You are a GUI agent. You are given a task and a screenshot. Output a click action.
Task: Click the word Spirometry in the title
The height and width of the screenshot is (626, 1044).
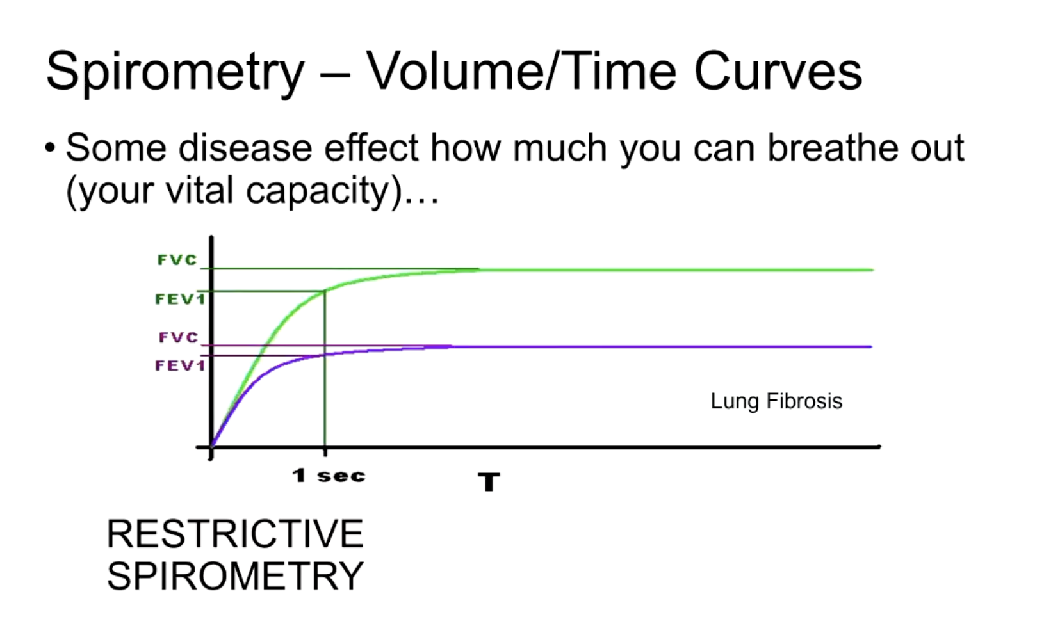175,72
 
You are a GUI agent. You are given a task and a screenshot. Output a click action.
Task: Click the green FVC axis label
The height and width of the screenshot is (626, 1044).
177,260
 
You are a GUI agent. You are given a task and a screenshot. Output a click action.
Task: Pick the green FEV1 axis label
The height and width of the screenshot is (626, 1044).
180,299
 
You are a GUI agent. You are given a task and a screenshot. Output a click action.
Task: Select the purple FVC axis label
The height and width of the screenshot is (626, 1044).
179,337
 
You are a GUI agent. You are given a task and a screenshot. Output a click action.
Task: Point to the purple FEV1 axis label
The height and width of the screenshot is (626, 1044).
180,365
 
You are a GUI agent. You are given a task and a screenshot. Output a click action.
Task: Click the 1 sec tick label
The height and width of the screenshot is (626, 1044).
329,476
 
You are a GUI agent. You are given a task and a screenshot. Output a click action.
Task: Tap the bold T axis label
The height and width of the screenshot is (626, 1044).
489,482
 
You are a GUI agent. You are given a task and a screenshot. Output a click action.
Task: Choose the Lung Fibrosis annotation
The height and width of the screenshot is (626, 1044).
776,401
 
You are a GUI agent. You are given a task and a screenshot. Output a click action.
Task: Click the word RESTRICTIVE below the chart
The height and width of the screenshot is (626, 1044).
234,534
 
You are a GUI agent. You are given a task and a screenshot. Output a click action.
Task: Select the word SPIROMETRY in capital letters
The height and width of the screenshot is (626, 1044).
234,575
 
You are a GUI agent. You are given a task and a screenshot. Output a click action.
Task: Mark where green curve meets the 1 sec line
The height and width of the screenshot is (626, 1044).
325,291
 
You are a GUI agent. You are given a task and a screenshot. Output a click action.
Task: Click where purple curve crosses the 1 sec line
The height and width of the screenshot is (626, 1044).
325,355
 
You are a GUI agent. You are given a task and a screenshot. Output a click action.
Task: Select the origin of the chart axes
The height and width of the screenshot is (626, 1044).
211,447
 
